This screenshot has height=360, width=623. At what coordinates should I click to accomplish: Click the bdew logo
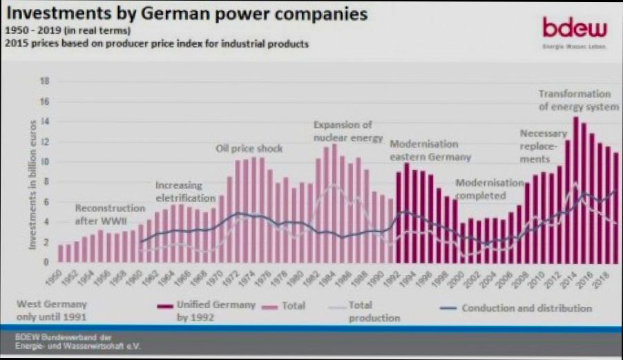point(575,29)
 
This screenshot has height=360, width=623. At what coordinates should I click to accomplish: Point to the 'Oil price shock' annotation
point(249,149)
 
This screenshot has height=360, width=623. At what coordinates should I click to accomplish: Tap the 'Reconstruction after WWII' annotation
point(106,214)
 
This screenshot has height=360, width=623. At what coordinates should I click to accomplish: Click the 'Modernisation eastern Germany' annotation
point(430,150)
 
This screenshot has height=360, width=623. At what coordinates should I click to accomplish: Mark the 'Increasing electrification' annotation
point(181,192)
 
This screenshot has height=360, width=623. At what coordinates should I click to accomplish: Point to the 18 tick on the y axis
point(46,81)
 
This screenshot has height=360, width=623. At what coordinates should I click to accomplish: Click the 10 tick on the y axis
point(46,162)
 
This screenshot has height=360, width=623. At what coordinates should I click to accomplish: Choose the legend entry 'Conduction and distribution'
point(526,308)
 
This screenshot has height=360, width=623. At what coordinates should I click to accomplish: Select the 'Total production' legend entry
point(372,311)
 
